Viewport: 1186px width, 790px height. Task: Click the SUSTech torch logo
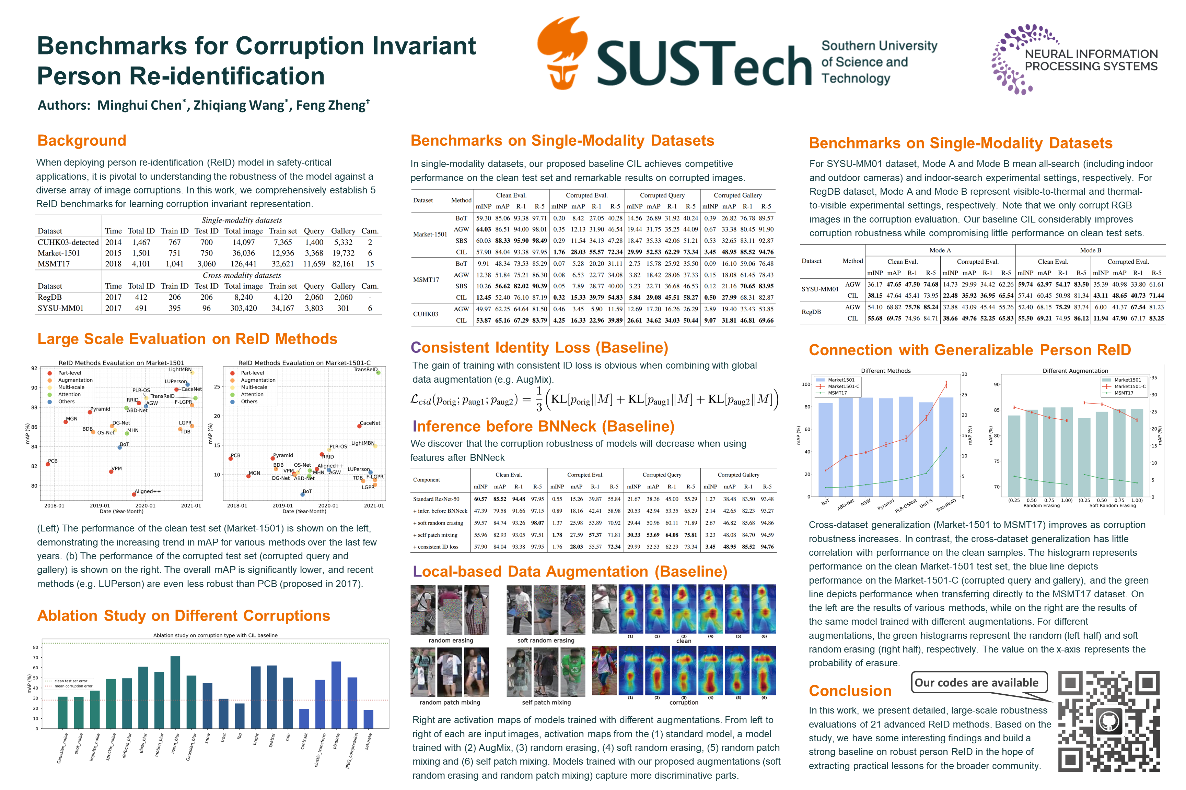562,53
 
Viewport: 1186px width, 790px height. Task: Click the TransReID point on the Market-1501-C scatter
378,372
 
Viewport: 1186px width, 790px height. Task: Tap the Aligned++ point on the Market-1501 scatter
134,494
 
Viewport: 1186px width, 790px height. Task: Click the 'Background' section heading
82,141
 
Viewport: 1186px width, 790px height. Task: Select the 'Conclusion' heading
850,691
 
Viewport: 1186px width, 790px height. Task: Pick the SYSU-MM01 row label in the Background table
60,308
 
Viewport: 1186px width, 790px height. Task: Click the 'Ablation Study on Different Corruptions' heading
184,616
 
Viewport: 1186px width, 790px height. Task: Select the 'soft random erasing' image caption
546,641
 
